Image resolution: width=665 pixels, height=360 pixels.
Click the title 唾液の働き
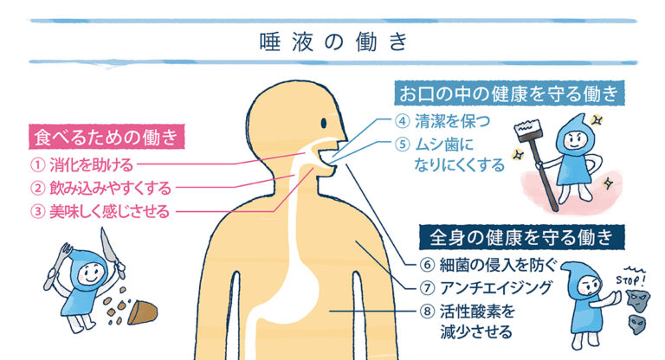pos(333,42)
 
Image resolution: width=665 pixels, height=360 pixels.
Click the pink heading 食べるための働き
pos(107,137)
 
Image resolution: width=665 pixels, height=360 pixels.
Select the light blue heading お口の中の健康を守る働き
pos(509,93)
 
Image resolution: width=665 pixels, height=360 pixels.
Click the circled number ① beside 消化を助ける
pos(38,164)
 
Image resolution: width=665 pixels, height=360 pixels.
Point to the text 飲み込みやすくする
pos(110,188)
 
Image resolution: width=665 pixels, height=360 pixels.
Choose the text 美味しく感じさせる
pos(109,211)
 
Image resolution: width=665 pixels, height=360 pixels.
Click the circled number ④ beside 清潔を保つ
pos(402,121)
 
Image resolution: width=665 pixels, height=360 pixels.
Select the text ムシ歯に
pos(444,145)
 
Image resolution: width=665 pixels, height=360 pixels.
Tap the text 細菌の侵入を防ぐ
pos(498,265)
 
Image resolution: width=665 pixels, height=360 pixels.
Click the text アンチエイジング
pos(496,288)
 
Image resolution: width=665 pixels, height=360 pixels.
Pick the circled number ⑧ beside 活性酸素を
pos(427,312)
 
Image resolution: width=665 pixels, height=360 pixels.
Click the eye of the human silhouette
pos(324,123)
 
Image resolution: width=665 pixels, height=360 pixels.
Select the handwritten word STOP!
pos(630,280)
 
